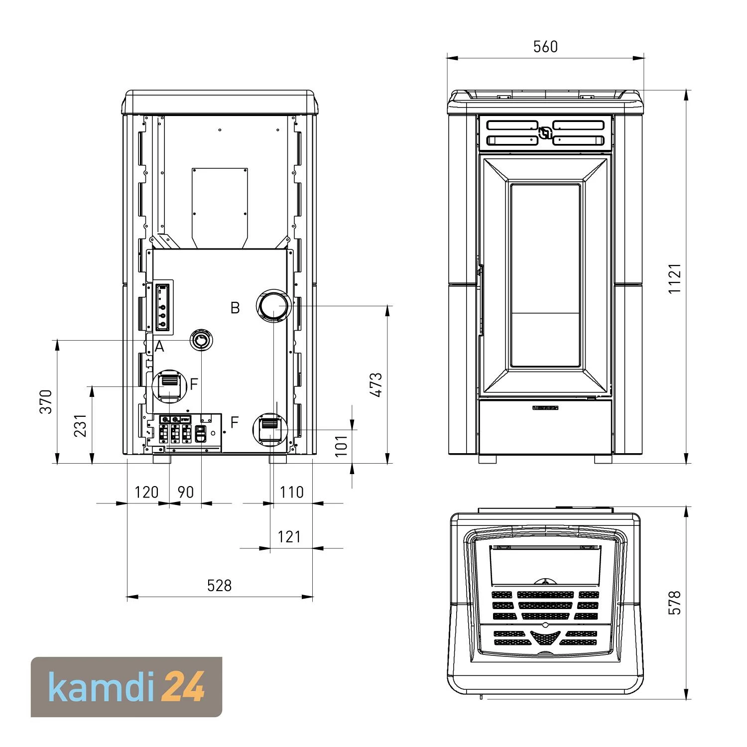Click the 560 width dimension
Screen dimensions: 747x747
(545, 47)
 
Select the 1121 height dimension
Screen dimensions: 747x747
(674, 278)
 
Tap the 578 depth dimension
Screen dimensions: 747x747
(674, 603)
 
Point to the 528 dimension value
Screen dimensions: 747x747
(220, 585)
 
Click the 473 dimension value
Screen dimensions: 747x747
(376, 385)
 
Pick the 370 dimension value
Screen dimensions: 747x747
(46, 401)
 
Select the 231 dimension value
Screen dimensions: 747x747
(81, 425)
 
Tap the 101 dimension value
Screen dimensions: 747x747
(341, 446)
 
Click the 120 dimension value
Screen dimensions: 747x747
(146, 492)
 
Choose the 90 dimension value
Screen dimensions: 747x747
(185, 492)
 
